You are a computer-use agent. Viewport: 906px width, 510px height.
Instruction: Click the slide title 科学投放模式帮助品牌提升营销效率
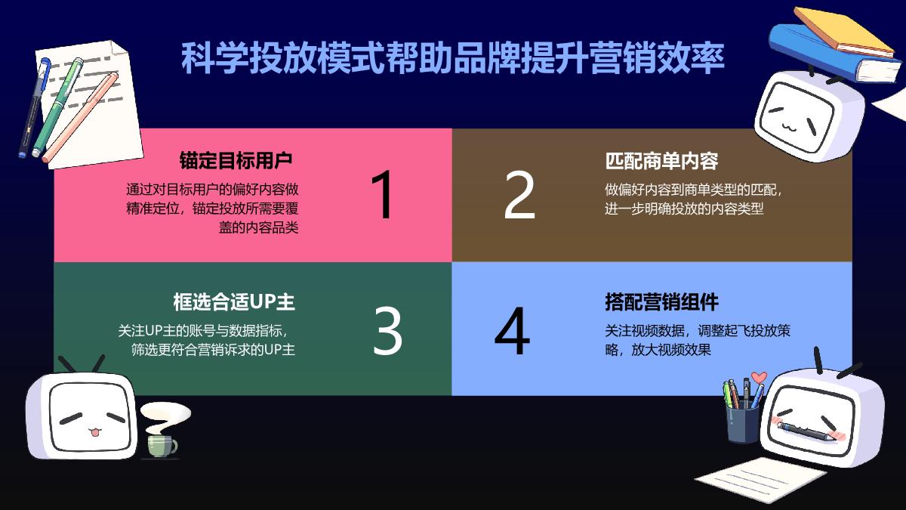(452, 58)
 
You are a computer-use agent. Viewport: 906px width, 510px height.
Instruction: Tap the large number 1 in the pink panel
(384, 195)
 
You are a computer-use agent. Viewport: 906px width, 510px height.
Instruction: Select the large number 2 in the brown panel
(519, 195)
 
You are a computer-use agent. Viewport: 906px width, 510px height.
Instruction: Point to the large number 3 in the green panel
(388, 330)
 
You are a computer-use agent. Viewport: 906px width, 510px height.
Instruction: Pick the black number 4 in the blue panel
(512, 331)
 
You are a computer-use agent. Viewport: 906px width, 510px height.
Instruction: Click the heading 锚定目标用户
(236, 160)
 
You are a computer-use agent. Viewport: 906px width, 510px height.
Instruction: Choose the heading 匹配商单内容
(661, 160)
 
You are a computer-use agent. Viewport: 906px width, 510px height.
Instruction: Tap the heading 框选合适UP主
(234, 301)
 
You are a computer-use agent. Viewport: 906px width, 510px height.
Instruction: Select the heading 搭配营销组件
(661, 301)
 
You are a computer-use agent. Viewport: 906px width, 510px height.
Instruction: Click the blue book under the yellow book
(823, 57)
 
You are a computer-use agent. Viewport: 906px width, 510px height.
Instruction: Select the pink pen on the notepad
(80, 118)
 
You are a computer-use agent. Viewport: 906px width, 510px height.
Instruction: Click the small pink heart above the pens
(760, 377)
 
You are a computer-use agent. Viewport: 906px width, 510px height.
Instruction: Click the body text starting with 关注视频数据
(698, 340)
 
